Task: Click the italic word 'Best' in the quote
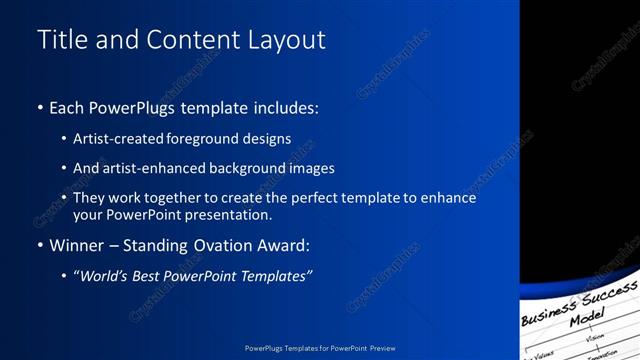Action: pyautogui.click(x=153, y=275)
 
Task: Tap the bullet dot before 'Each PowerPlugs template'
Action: pyautogui.click(x=39, y=108)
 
